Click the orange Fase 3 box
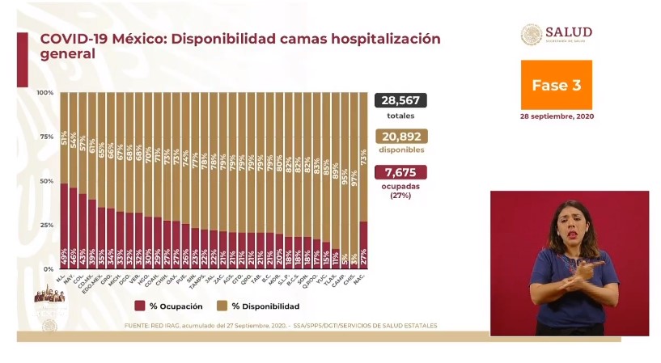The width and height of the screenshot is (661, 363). click(x=556, y=85)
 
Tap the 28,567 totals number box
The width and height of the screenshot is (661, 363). click(x=400, y=100)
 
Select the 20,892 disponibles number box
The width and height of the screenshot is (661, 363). click(x=400, y=137)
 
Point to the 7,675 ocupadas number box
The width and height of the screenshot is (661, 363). click(x=400, y=172)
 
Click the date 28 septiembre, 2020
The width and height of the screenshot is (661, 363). click(x=556, y=116)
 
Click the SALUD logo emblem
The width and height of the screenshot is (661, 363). click(x=532, y=34)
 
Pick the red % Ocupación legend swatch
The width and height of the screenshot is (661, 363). click(x=141, y=306)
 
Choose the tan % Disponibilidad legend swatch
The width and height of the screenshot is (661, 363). click(x=221, y=306)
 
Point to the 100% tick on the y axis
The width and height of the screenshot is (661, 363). click(x=45, y=93)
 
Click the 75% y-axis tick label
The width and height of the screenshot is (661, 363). click(x=47, y=137)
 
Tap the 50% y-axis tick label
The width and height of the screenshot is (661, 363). click(x=47, y=181)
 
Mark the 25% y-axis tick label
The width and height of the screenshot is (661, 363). click(x=47, y=225)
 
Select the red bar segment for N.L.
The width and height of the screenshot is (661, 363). click(x=64, y=226)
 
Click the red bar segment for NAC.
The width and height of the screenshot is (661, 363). click(x=363, y=245)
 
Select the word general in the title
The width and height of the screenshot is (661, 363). click(x=68, y=54)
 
